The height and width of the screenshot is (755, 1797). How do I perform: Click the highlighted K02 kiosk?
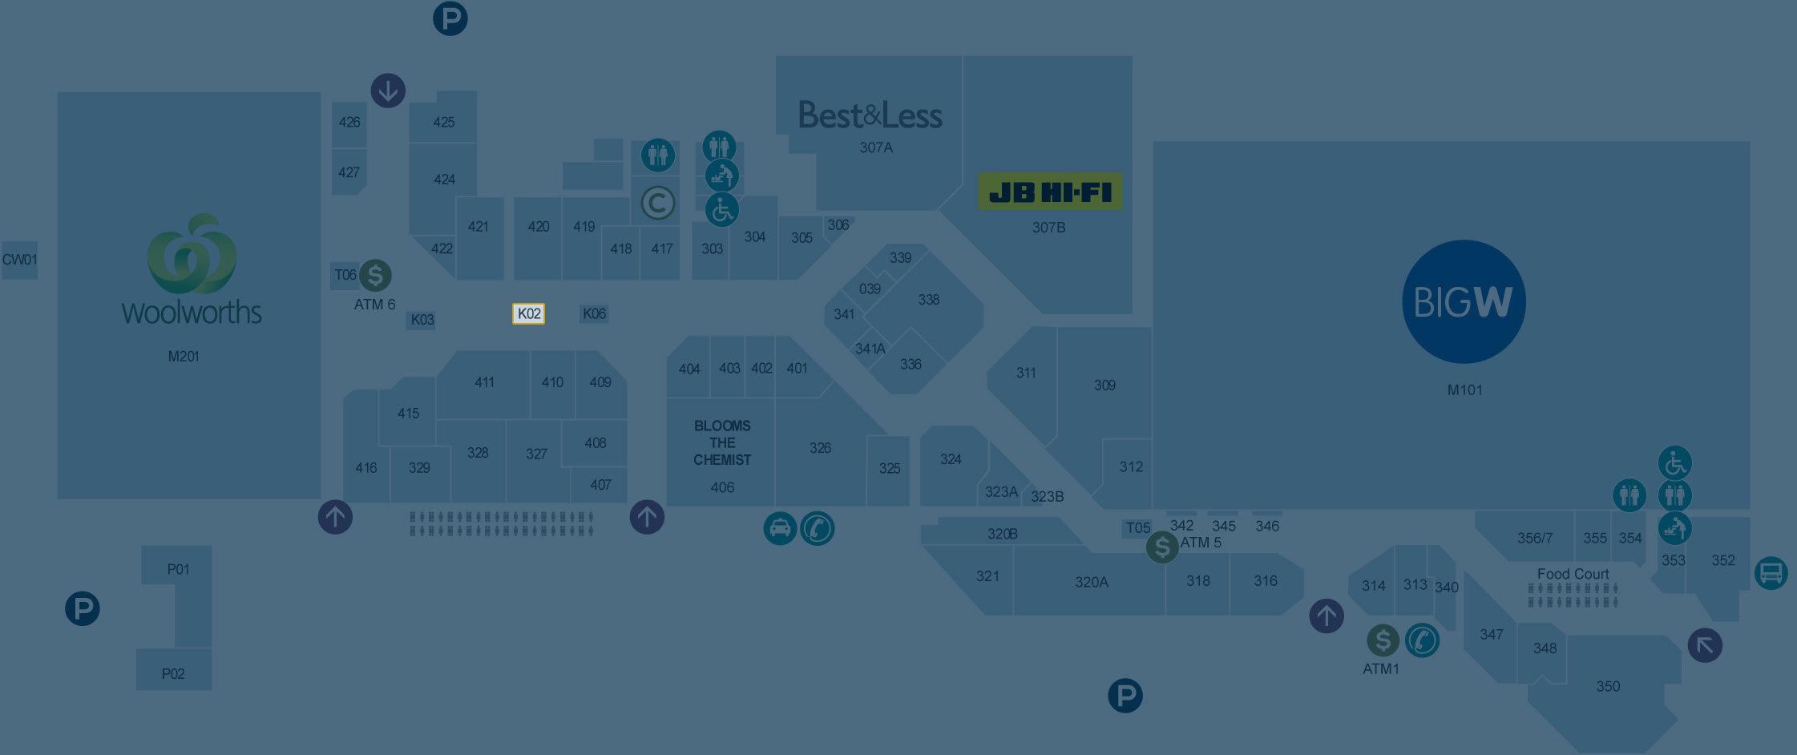coord(528,313)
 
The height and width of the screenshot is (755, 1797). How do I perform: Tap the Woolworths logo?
coord(192,268)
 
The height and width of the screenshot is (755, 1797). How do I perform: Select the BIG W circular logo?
coord(1464,301)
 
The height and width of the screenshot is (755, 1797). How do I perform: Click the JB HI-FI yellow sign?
coord(1050,192)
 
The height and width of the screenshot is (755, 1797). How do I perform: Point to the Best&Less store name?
coord(870,115)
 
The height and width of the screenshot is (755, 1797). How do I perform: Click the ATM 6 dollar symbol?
coord(375,275)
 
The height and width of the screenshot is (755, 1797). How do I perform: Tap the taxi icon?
coord(780,529)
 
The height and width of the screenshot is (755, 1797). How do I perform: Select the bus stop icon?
coord(1771,573)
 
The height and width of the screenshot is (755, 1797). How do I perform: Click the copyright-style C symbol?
coord(658,203)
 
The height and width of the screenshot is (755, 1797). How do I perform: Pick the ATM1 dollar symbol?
coord(1383,640)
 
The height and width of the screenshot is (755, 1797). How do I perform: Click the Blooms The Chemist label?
coord(722,442)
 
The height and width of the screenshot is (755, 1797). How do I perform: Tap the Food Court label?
coord(1573,574)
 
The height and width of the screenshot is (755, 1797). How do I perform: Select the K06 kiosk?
coord(594,313)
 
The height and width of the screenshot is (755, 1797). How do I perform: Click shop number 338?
coord(928,300)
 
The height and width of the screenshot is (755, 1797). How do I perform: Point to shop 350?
coord(1608,686)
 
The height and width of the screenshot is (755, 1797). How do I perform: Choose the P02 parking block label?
coord(173,673)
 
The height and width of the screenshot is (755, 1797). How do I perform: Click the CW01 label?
coord(19,260)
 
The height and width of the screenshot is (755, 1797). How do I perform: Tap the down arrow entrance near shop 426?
coord(388,91)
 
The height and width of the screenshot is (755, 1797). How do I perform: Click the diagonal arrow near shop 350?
coord(1705,645)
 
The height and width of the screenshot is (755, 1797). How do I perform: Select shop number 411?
coord(484,382)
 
